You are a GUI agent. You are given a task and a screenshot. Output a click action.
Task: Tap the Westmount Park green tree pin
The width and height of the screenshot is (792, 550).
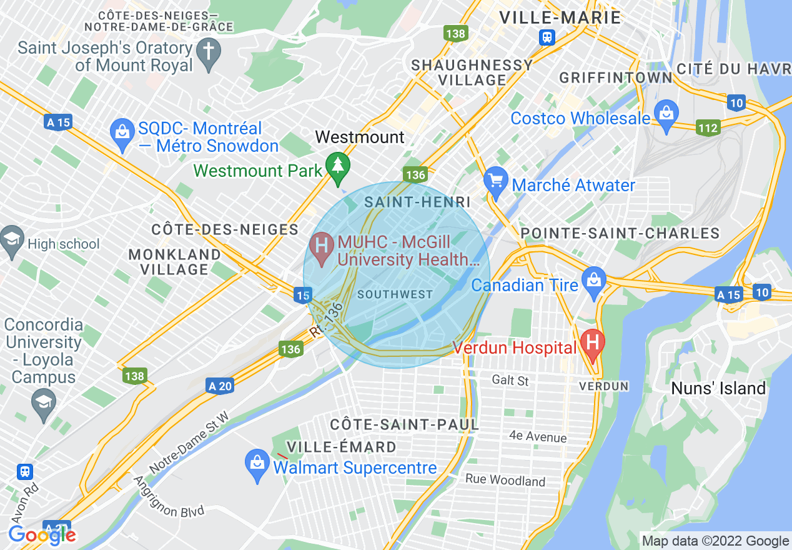[339, 166]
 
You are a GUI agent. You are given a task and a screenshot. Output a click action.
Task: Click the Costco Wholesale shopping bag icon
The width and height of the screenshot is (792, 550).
[666, 115]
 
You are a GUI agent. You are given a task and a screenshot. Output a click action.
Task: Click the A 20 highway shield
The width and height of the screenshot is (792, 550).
[219, 386]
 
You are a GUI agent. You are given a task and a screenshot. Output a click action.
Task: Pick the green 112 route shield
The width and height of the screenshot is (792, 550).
[709, 128]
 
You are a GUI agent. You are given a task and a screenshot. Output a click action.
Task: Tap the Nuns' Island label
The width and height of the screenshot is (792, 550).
[718, 389]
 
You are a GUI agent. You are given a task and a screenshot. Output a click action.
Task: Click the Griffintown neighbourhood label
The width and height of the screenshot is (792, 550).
[616, 78]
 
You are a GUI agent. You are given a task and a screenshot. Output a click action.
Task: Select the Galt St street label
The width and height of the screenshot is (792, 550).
[510, 380]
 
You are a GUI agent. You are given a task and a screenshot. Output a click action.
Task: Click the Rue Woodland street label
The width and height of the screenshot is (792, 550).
[505, 481]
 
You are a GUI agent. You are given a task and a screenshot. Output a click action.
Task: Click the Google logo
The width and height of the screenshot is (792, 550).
[42, 535]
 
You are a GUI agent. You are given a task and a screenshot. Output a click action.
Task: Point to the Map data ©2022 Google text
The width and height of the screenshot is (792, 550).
[715, 541]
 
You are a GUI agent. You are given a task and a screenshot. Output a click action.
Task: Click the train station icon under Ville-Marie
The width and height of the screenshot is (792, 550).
[547, 37]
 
